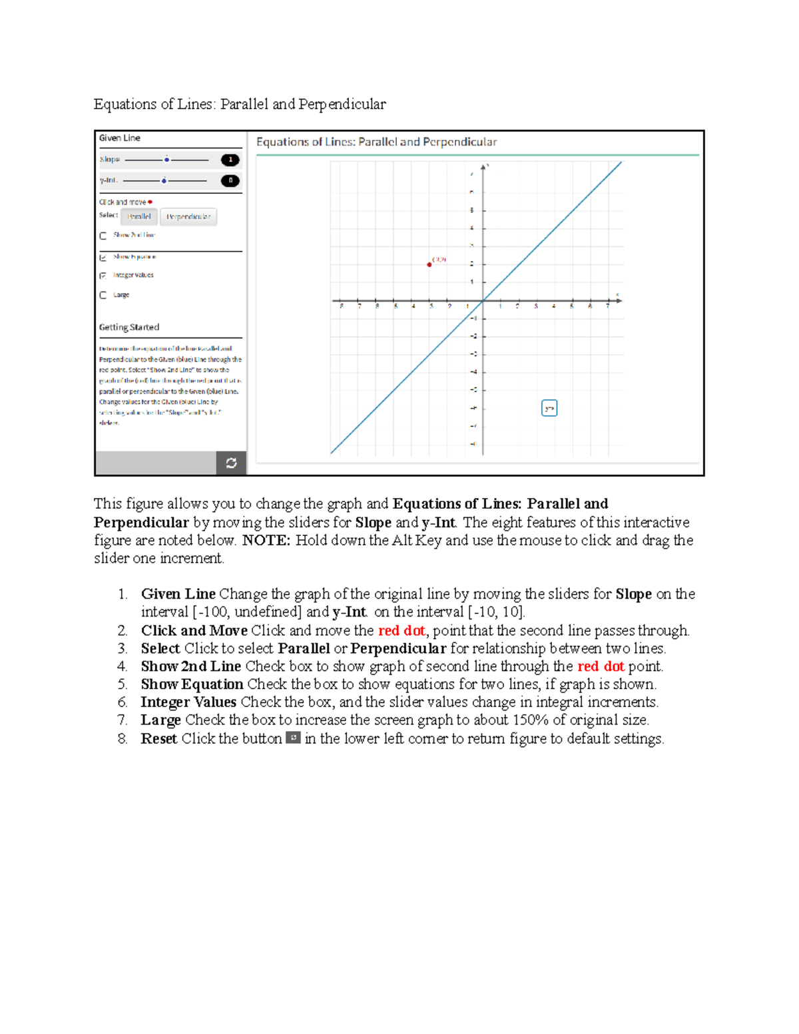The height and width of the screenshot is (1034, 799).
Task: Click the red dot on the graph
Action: click(429, 264)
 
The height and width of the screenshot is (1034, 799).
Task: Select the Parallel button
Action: click(139, 216)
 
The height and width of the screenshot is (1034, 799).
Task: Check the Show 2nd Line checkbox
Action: click(103, 236)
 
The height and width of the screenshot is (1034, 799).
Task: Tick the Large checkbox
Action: click(103, 295)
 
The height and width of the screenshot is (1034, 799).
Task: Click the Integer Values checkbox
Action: click(103, 275)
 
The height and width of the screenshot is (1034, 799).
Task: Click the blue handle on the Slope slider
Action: click(166, 160)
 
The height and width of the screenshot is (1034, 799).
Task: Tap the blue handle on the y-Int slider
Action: click(164, 180)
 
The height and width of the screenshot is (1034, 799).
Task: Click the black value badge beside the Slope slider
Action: click(230, 160)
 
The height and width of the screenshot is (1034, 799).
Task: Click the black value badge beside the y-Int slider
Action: click(230, 180)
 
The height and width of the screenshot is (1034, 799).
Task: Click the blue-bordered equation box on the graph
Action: click(549, 408)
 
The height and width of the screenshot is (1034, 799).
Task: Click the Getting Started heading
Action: click(129, 327)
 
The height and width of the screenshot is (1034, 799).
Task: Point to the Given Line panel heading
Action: click(120, 138)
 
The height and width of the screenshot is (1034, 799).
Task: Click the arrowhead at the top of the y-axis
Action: click(484, 166)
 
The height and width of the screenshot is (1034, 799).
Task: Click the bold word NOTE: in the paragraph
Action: click(266, 540)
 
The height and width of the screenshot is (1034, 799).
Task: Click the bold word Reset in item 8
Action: click(158, 738)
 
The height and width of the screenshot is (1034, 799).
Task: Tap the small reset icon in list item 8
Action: click(293, 738)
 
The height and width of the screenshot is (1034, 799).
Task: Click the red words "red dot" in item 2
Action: click(401, 631)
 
